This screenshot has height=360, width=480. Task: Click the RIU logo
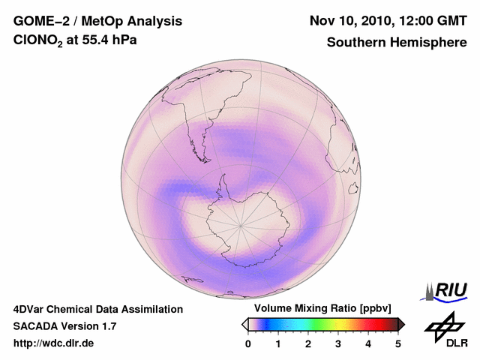446,290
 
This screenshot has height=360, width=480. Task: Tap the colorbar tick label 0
248,343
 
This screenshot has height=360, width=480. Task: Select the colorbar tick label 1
278,343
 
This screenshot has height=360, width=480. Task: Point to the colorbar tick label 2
308,343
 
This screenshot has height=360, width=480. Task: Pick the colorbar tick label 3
338,343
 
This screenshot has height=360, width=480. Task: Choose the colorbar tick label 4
368,343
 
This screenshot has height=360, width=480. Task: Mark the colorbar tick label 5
398,343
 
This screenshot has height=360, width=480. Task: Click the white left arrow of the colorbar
244,324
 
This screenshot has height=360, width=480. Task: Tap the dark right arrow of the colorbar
401,324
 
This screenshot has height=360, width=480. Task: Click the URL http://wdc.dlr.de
54,343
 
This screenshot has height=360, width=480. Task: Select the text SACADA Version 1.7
64,326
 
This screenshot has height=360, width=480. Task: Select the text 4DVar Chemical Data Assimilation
98,309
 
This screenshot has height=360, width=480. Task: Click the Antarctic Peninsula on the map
222,187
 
